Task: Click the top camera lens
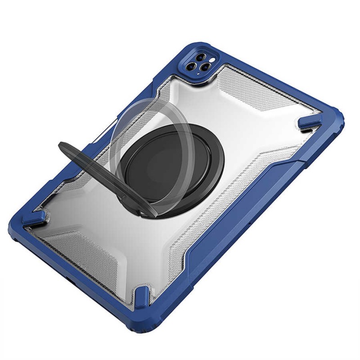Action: coord(200,57)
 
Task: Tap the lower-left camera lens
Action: coord(191,67)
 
